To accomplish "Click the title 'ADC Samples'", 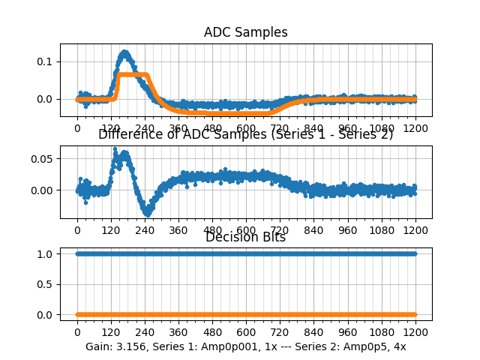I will (245, 32).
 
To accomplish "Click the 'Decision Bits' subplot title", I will (245, 237).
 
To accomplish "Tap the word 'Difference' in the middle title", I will (128, 134).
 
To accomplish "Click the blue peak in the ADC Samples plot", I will (124, 52).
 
